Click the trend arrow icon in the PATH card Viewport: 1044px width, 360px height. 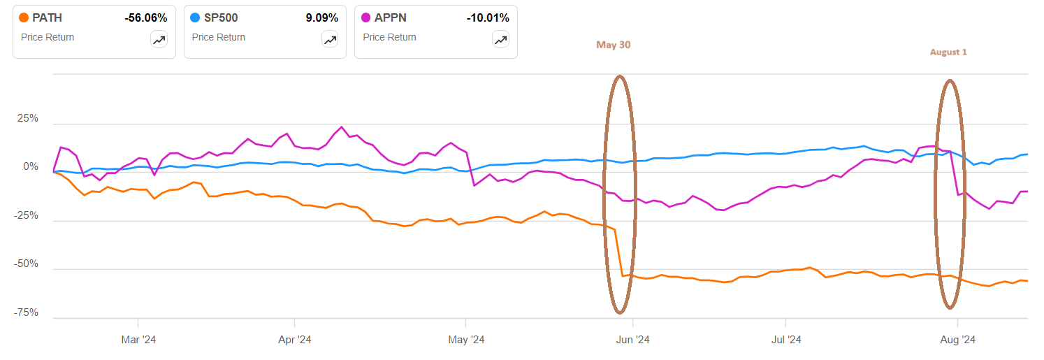tap(159, 40)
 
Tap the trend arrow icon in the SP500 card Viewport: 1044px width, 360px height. tap(330, 40)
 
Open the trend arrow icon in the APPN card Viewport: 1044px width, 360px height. tap(501, 40)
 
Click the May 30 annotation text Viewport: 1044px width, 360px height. tap(613, 45)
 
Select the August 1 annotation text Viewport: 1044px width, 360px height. tap(948, 52)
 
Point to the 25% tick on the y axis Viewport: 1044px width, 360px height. tap(28, 118)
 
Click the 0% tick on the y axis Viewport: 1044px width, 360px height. tap(31, 167)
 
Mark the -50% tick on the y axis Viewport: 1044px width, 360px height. tap(27, 264)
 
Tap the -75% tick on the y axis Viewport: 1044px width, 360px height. tap(27, 312)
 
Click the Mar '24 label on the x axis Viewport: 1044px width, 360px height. tap(138, 340)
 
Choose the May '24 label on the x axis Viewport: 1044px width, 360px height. tap(466, 340)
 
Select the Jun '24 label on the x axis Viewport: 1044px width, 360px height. tap(632, 340)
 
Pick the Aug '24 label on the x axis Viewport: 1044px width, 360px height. tap(957, 340)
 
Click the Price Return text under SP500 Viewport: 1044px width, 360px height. tap(218, 37)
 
